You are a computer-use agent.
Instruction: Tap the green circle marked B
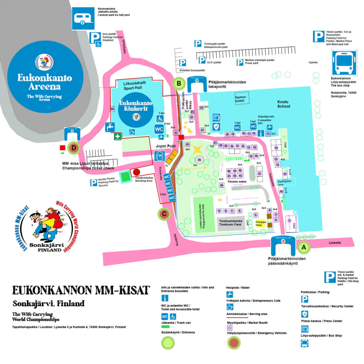(179, 84)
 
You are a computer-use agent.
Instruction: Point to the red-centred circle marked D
(74, 147)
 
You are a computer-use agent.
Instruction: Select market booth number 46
(112, 109)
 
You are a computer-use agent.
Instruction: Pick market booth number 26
(200, 160)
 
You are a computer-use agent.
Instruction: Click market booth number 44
(221, 185)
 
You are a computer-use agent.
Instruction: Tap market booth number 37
(259, 174)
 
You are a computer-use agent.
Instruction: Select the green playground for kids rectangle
(203, 214)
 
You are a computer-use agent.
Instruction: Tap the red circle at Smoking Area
(136, 172)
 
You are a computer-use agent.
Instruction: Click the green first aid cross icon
(117, 136)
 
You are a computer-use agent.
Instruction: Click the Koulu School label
(284, 104)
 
